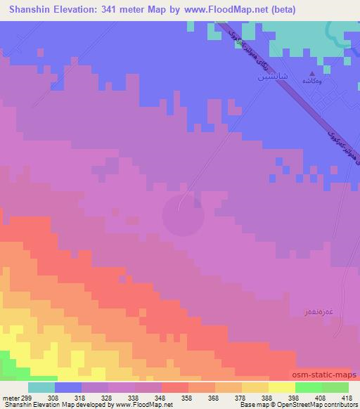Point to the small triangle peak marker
[x=313, y=73]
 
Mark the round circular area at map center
[x=184, y=214]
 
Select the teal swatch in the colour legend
[x=41, y=387]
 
